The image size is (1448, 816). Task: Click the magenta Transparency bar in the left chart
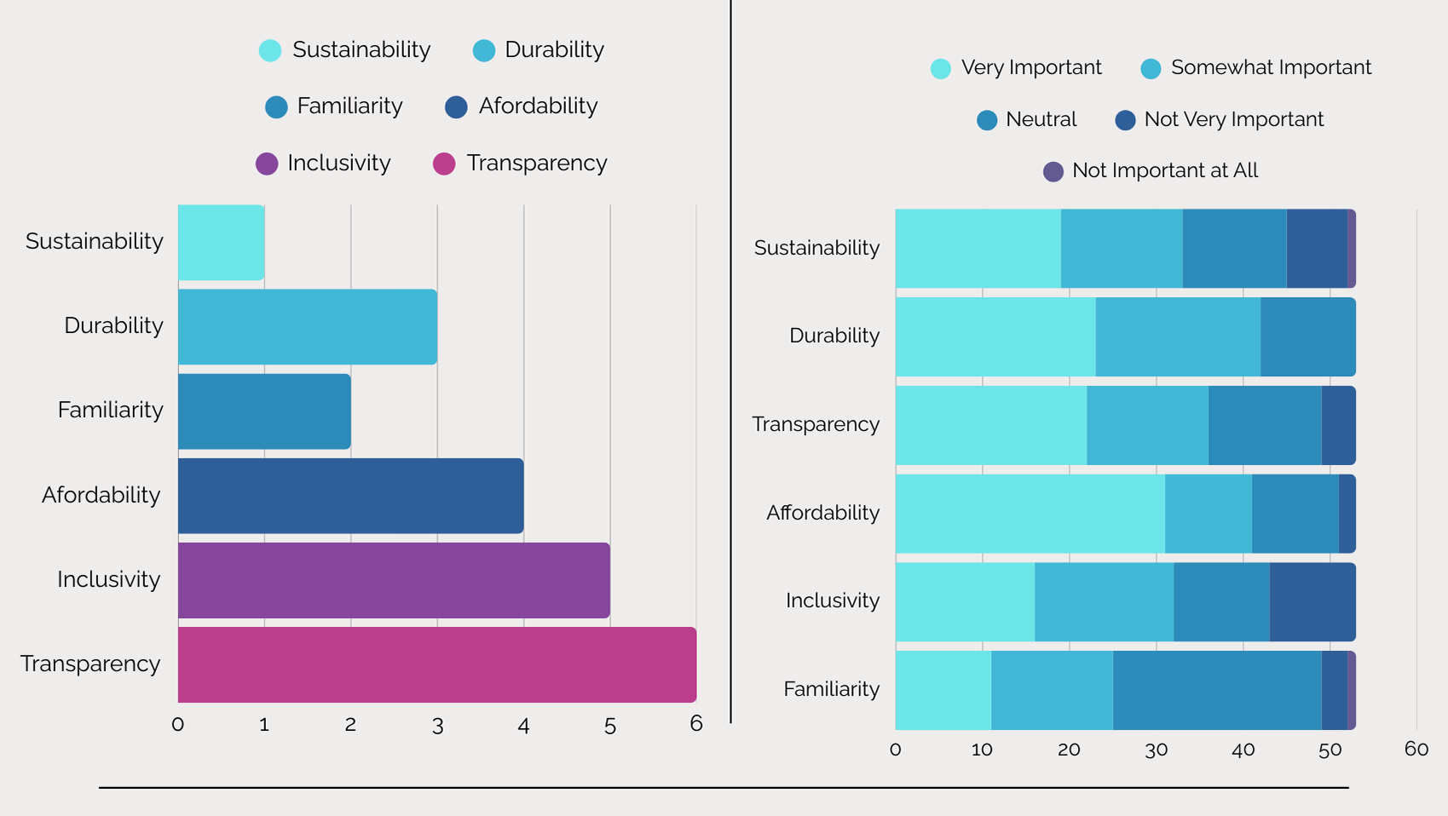click(x=436, y=664)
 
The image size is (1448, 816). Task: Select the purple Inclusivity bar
click(x=394, y=580)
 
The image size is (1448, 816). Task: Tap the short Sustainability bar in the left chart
click(x=221, y=242)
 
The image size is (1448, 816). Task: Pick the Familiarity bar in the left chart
click(x=264, y=411)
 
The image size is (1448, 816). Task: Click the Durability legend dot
click(x=484, y=51)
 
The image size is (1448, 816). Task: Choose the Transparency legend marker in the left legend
click(x=444, y=164)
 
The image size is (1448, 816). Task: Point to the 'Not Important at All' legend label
click(x=1164, y=171)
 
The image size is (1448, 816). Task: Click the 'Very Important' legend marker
click(x=941, y=69)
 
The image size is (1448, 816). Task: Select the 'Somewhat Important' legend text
click(x=1270, y=68)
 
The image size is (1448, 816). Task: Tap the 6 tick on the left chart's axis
click(x=696, y=724)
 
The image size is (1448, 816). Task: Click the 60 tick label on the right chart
click(x=1416, y=749)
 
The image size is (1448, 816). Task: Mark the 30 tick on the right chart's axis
click(x=1156, y=750)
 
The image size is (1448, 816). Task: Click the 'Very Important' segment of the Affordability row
click(x=1030, y=514)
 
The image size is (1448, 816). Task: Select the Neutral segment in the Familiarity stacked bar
click(x=1216, y=690)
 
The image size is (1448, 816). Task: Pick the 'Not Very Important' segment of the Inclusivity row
click(x=1312, y=601)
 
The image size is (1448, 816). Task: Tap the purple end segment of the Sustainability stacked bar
click(x=1352, y=248)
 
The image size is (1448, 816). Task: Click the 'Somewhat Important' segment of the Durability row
click(x=1178, y=336)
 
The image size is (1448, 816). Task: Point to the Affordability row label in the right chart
click(x=822, y=513)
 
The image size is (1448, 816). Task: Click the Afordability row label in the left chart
click(x=101, y=495)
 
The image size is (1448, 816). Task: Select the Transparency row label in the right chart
click(x=816, y=424)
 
